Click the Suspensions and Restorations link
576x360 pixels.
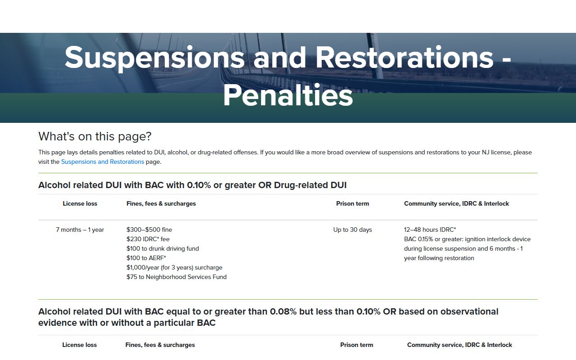103,162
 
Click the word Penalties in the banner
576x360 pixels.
288,95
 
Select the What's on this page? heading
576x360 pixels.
95,136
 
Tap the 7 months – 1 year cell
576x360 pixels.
80,229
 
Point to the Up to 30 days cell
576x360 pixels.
352,229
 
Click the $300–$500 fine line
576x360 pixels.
149,229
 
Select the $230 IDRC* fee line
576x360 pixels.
148,239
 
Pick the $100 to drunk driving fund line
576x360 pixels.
162,249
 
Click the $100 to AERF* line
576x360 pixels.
146,258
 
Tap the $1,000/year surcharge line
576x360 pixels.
174,267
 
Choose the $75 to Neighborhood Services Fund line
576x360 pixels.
176,277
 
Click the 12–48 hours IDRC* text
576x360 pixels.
430,229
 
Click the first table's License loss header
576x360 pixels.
80,204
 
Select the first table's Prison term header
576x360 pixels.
352,204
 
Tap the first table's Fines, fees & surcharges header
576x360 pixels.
161,204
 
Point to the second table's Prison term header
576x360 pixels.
357,345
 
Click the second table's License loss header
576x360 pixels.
80,345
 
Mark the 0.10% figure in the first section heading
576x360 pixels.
199,185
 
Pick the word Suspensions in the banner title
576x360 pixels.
154,58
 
